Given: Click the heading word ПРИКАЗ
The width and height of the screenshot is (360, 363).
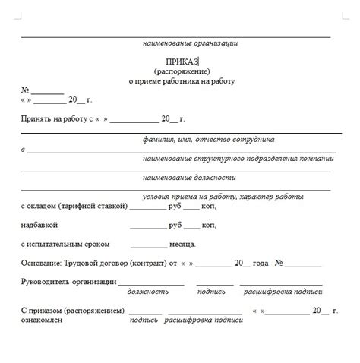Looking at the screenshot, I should (x=182, y=61).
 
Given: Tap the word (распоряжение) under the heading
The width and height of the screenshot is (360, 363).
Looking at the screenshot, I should (x=181, y=71).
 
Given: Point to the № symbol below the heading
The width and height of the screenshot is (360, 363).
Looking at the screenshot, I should (x=25, y=90).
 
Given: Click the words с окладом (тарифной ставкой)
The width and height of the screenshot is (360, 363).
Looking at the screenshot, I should (x=74, y=207).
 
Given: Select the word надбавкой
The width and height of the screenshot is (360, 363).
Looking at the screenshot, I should (x=39, y=226).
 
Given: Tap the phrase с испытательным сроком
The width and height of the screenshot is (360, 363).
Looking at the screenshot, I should (x=65, y=245).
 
